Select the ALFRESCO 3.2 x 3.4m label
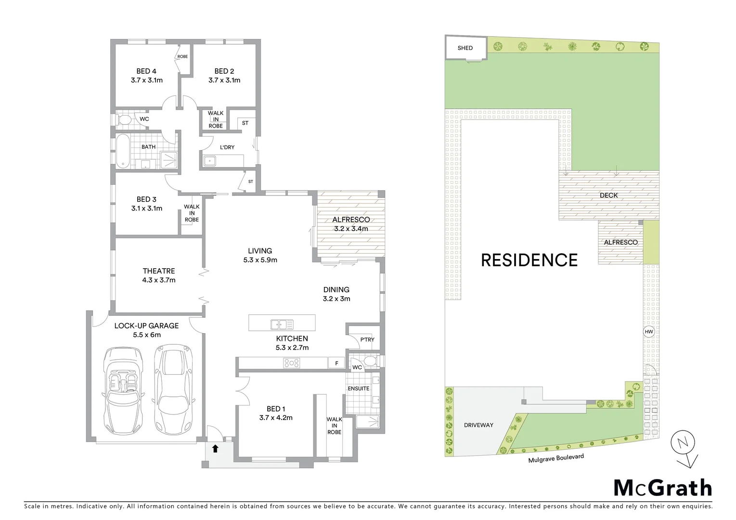click(351, 224)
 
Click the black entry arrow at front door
click(215, 449)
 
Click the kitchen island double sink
click(279, 325)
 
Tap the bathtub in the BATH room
click(122, 151)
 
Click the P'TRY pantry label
click(367, 339)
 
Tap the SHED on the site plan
click(465, 48)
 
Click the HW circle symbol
click(648, 332)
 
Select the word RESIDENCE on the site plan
click(529, 260)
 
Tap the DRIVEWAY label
click(478, 425)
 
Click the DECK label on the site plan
click(608, 195)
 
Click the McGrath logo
click(662, 488)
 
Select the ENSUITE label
click(359, 389)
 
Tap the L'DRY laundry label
click(227, 147)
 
